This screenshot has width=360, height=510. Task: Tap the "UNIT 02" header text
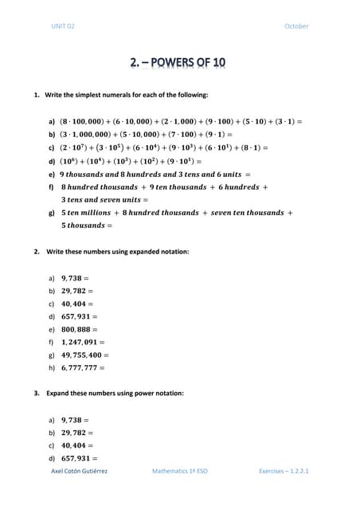[x=62, y=26]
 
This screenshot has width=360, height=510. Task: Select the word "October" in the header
[x=295, y=26]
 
